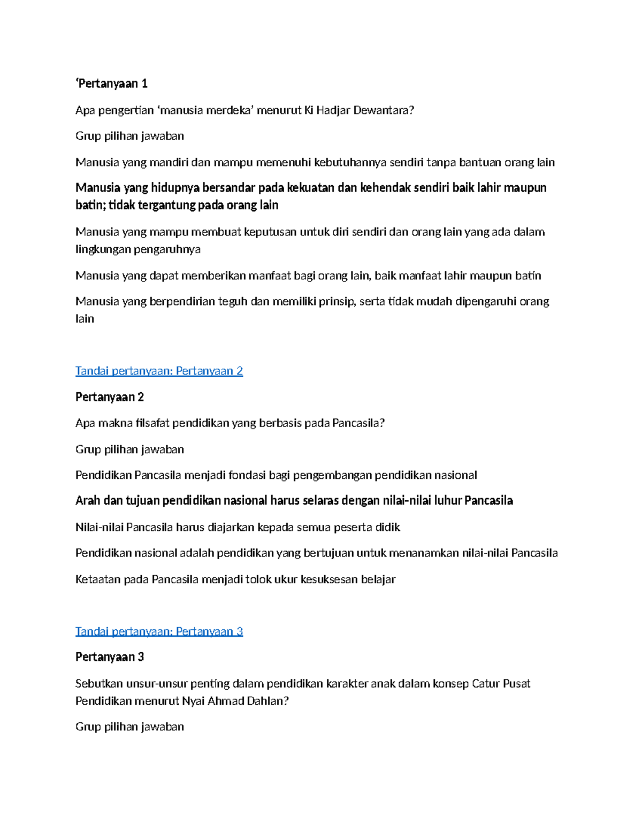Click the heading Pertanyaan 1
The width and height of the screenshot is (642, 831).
[112, 83]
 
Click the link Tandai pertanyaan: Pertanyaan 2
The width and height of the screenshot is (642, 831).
[159, 371]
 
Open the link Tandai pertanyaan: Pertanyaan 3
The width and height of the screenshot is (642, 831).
[159, 631]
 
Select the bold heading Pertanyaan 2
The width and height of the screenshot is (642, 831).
[110, 397]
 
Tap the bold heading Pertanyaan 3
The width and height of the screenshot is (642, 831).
[110, 657]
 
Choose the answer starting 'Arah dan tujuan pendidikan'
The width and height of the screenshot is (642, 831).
[294, 501]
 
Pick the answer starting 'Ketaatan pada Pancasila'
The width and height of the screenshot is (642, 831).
[235, 580]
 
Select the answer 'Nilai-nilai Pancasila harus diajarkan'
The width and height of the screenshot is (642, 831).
[238, 528]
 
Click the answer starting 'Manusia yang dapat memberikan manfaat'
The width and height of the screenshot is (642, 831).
[308, 276]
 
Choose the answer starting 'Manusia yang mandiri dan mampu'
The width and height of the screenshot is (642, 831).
[315, 163]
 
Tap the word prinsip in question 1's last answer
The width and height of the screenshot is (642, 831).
[337, 302]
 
